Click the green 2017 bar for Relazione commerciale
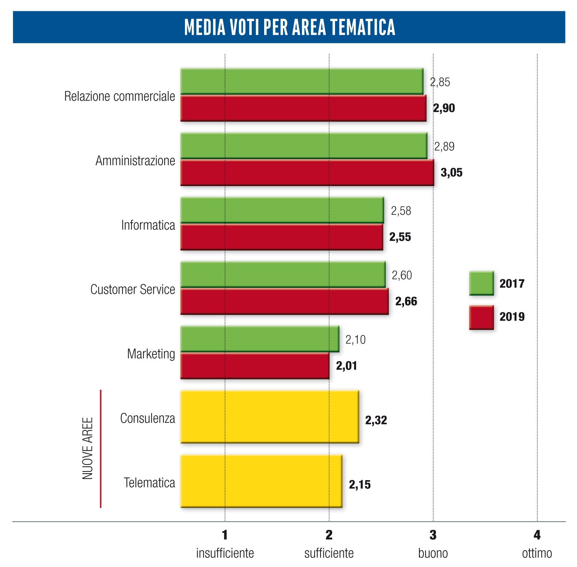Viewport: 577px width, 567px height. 302,81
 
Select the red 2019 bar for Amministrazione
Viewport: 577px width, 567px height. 307,173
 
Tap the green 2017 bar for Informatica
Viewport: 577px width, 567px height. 282,210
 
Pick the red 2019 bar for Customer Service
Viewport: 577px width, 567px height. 285,301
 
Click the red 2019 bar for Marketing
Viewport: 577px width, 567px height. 255,366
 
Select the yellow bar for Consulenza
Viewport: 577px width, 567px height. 270,417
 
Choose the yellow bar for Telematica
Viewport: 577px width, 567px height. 261,481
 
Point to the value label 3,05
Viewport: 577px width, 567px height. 451,173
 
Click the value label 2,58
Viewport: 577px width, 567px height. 401,211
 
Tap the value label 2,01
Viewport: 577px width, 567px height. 346,366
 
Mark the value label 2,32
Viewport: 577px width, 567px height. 376,421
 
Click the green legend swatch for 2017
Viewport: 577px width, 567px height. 481,283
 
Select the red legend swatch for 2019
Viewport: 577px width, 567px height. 481,317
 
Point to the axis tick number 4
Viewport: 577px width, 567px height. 537,535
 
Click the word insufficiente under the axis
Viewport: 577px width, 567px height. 225,553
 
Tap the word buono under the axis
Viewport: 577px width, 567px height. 433,553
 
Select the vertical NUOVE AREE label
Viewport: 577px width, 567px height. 88,448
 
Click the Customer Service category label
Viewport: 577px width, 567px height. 133,290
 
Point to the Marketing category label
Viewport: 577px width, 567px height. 151,354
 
